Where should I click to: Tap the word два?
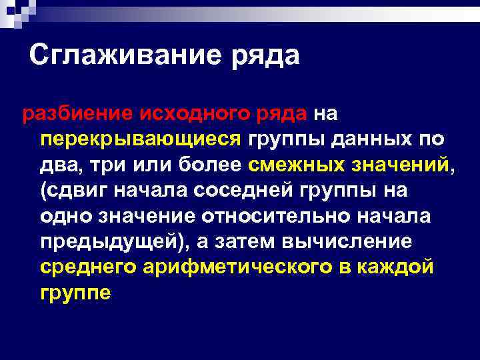(x=58, y=165)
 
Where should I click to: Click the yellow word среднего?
(x=89, y=267)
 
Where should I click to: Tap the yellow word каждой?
(x=409, y=267)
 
